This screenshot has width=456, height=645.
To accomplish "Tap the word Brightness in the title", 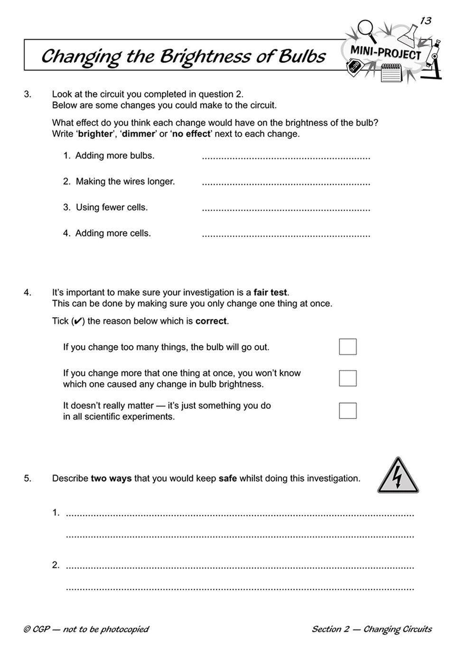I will pos(205,56).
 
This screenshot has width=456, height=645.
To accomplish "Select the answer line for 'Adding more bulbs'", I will pos(286,157).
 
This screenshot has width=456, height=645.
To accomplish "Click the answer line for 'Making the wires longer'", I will pos(286,183).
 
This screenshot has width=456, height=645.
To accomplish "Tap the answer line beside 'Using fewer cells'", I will pos(286,209).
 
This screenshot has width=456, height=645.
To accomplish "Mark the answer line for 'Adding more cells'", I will pos(286,234).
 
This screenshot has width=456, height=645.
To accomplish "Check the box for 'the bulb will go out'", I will pos(347,347).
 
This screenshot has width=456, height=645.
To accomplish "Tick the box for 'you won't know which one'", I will pos(347,378).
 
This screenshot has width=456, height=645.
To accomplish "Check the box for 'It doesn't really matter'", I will pos(347,410).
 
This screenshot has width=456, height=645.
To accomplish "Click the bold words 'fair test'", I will pos(270,293).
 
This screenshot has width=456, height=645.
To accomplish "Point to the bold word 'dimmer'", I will pos(138,134).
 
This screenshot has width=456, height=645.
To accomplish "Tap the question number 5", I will pos(28,479).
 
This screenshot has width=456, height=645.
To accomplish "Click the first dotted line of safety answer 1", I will pos(240,514).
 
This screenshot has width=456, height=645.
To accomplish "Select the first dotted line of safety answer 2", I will pos(240,566).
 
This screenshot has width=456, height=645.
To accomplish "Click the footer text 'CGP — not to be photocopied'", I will pos(86,629).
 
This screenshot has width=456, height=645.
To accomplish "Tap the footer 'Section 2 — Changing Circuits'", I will pos(372,629).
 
